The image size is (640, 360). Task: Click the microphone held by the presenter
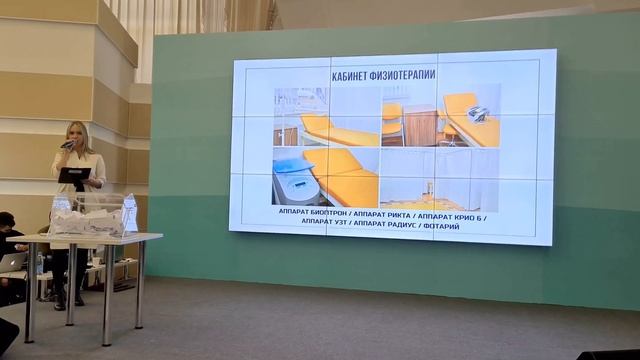[x=67, y=145]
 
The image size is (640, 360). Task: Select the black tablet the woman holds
[x=73, y=175]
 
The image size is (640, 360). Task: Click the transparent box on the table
[x=90, y=218]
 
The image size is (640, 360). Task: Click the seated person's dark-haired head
[x=8, y=221]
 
